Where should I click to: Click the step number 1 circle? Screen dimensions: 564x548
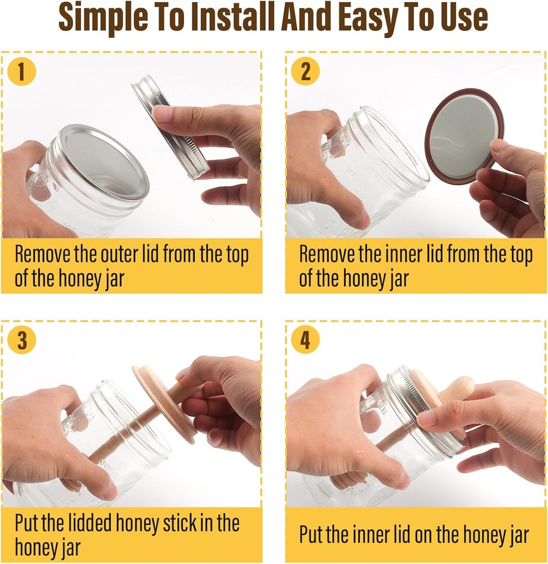point(22,72)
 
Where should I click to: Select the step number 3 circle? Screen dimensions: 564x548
point(22,340)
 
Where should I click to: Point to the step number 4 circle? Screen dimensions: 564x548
point(305,340)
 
